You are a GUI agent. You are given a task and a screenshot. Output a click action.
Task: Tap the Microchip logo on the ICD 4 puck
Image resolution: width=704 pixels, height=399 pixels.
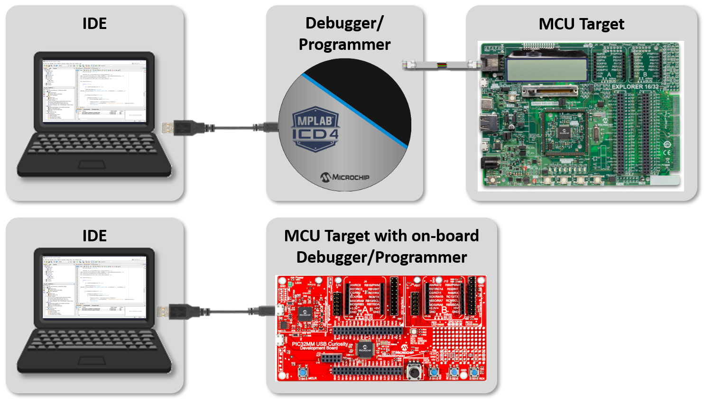click(345, 177)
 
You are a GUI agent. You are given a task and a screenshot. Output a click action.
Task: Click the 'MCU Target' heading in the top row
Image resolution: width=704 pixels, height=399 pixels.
click(581, 24)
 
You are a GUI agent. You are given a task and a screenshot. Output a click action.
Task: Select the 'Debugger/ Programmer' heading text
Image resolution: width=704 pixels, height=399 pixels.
click(344, 33)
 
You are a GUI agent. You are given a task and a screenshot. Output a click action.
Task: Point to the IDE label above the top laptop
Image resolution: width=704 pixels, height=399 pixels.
click(94, 23)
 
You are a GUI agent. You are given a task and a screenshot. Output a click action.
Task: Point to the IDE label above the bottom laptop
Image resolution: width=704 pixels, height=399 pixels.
click(94, 236)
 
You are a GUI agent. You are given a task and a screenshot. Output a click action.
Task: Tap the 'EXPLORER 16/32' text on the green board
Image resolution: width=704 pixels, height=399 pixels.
click(635, 87)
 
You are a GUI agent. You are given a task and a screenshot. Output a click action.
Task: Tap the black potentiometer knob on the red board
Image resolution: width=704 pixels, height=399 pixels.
click(414, 370)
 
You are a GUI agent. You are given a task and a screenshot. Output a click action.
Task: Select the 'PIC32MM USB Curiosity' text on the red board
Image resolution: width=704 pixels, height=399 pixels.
click(322, 343)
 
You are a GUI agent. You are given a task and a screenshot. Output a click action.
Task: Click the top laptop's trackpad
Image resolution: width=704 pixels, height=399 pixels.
click(93, 164)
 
